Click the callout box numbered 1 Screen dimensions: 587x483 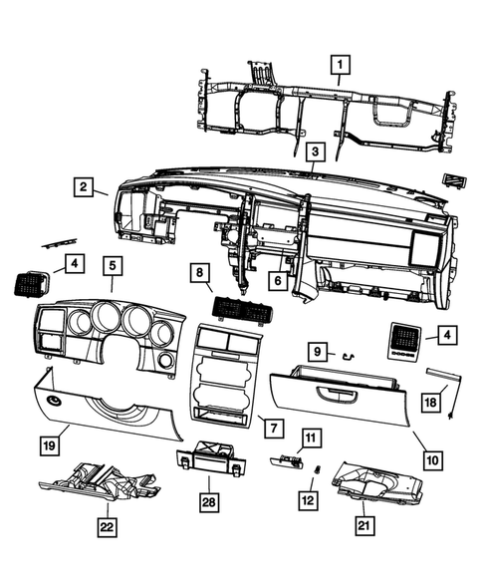click(x=340, y=67)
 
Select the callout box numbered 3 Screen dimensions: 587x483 click(x=314, y=151)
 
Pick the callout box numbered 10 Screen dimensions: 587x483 click(x=432, y=459)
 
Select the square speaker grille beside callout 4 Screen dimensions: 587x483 click(x=405, y=342)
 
